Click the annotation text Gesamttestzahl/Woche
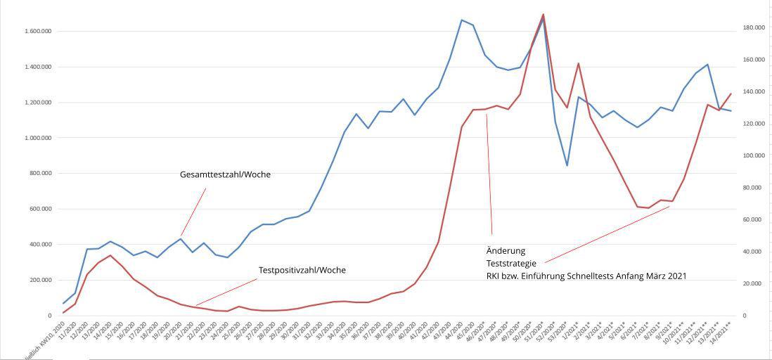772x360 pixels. point(225,175)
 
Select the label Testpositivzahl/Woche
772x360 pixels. point(302,270)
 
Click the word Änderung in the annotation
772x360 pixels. point(506,251)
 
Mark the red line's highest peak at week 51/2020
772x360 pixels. point(543,14)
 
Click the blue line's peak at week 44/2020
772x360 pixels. point(461,20)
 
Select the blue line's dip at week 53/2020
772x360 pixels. point(567,165)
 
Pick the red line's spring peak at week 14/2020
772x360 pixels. point(110,255)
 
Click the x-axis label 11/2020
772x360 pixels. point(69,332)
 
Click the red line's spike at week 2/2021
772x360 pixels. point(578,63)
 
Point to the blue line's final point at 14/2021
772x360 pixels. point(731,111)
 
